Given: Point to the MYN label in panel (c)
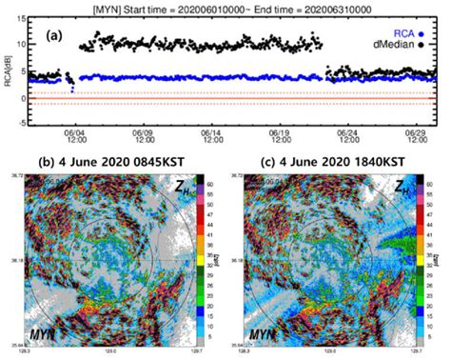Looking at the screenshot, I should click(258, 336).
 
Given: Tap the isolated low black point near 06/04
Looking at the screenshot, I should click(72, 90).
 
